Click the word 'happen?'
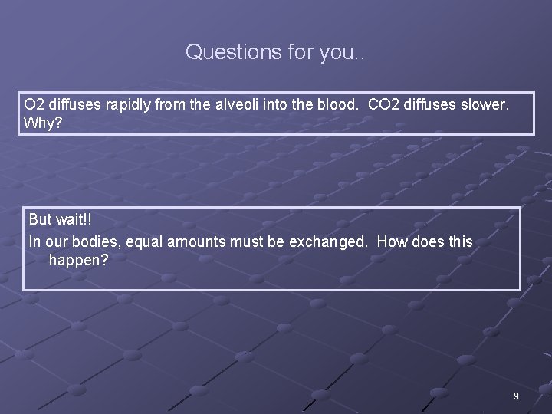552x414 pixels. click(x=78, y=261)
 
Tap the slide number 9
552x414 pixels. click(x=516, y=396)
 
